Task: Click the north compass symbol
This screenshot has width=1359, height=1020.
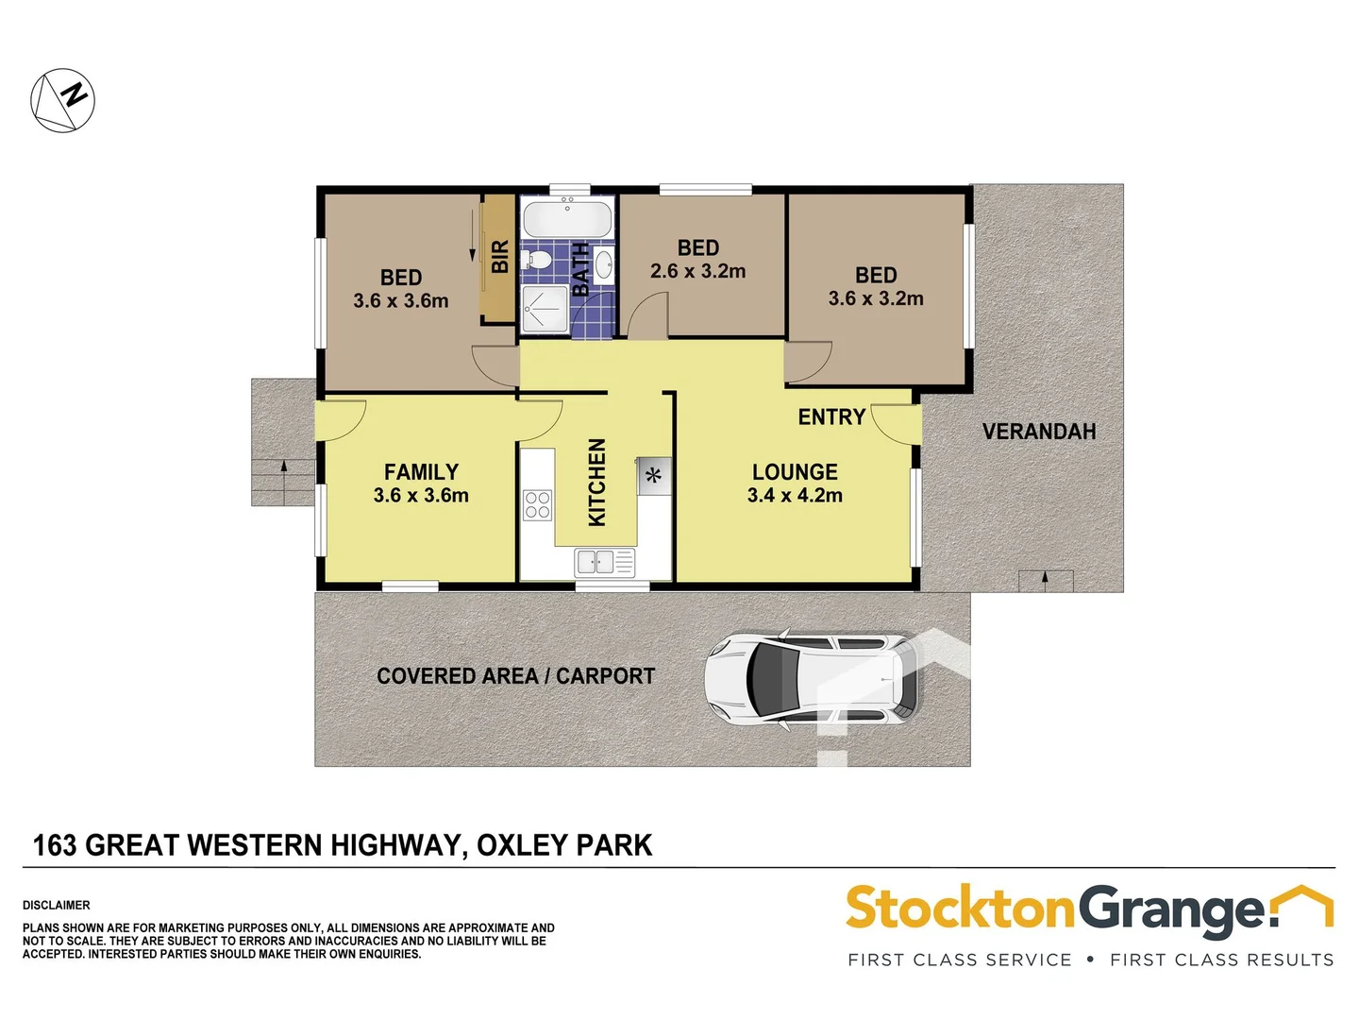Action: tap(63, 100)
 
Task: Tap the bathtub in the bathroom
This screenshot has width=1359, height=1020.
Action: tap(567, 220)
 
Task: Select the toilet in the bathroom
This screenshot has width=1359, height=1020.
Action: tap(538, 260)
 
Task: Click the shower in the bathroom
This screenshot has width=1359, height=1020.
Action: tap(545, 309)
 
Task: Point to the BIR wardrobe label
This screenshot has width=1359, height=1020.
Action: tap(500, 257)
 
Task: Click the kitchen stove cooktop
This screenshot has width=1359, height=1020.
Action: tap(538, 505)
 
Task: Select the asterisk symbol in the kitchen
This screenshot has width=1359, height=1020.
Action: tap(653, 476)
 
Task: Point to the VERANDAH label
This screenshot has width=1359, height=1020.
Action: tap(1039, 432)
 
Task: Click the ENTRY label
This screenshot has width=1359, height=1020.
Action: tap(831, 417)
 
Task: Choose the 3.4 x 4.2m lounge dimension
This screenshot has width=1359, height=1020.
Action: tap(795, 496)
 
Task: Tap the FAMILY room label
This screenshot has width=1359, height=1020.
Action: tap(421, 471)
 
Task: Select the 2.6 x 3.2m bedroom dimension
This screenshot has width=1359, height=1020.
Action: tap(697, 272)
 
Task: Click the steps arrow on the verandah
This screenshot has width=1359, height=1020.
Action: tap(1045, 579)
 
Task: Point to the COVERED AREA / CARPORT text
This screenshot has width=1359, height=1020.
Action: tap(515, 676)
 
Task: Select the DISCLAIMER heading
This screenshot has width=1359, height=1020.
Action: tap(57, 905)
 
